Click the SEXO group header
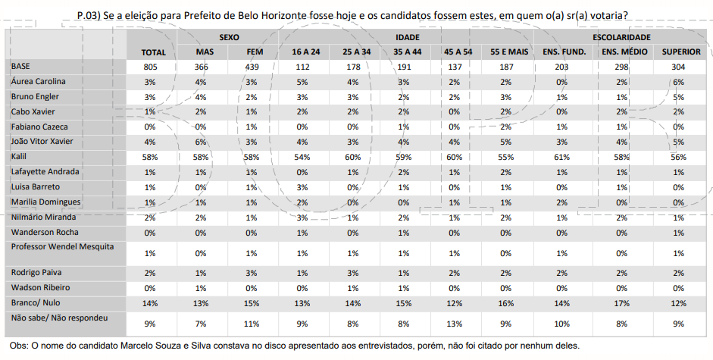(230, 36)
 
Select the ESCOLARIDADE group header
(621, 36)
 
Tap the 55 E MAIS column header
(509, 52)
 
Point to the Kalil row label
(20, 156)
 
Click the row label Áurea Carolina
(38, 81)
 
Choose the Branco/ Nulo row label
(36, 302)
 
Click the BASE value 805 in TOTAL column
(154, 67)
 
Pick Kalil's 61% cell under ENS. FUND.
(561, 157)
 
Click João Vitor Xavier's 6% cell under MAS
(201, 142)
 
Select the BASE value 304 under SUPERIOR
(678, 67)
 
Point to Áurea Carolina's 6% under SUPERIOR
(678, 82)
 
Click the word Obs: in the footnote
(20, 346)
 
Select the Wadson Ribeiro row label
(40, 287)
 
